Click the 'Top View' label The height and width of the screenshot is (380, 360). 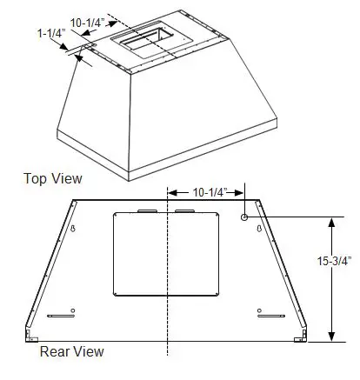tap(53, 179)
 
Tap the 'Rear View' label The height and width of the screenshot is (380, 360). tap(71, 351)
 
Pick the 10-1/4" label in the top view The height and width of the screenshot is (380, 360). tap(208, 193)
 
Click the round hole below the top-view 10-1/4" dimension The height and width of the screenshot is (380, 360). tap(246, 216)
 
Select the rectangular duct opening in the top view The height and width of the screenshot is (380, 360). tap(164, 254)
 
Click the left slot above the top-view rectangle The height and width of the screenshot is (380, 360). tap(145, 210)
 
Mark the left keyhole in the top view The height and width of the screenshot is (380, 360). tap(74, 229)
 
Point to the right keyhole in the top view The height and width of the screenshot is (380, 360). tap(259, 229)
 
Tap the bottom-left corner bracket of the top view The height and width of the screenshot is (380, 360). tap(31, 335)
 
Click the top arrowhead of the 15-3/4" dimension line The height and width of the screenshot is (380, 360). tap(330, 221)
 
